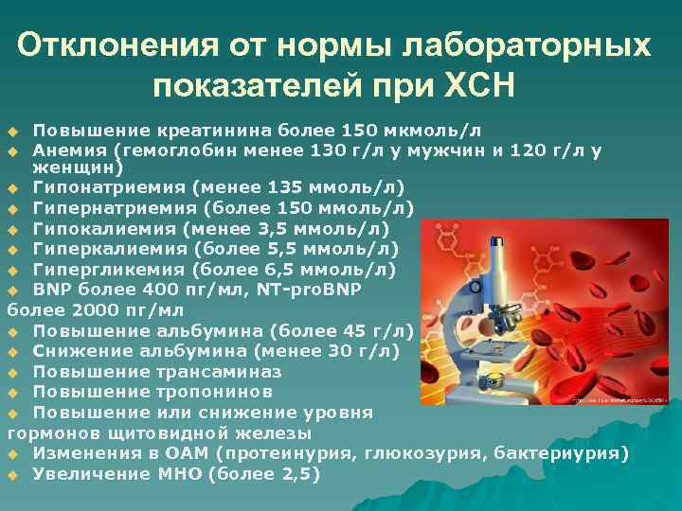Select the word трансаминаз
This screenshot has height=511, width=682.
point(205,372)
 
